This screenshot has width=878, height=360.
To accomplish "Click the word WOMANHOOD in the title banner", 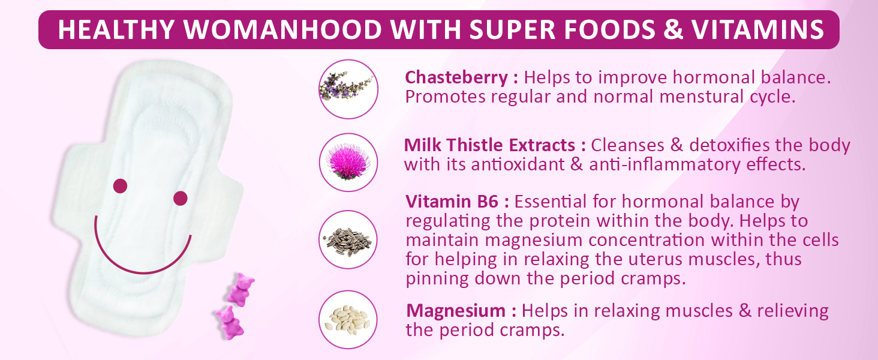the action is [x=282, y=29].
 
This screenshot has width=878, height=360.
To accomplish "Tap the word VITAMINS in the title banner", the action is [x=757, y=29].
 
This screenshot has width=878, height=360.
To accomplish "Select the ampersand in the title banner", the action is [x=673, y=29].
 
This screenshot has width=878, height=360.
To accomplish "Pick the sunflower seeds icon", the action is [x=348, y=239].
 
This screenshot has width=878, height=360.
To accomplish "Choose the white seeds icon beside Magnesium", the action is [x=348, y=320].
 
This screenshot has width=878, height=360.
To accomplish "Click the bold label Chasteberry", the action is [x=456, y=78].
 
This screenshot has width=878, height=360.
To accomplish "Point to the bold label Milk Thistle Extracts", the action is [x=489, y=145].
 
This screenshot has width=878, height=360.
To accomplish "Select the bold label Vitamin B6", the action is [x=452, y=202].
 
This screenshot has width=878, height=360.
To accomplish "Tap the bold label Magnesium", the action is [x=456, y=311].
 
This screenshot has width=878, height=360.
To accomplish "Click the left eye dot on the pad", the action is [x=120, y=186].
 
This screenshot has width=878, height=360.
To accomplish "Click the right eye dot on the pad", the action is [x=181, y=199].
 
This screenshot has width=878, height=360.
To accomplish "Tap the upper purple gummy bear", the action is [x=240, y=289].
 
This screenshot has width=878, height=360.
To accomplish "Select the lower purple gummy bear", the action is [x=230, y=323].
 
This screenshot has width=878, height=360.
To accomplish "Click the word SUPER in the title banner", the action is [x=512, y=29].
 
